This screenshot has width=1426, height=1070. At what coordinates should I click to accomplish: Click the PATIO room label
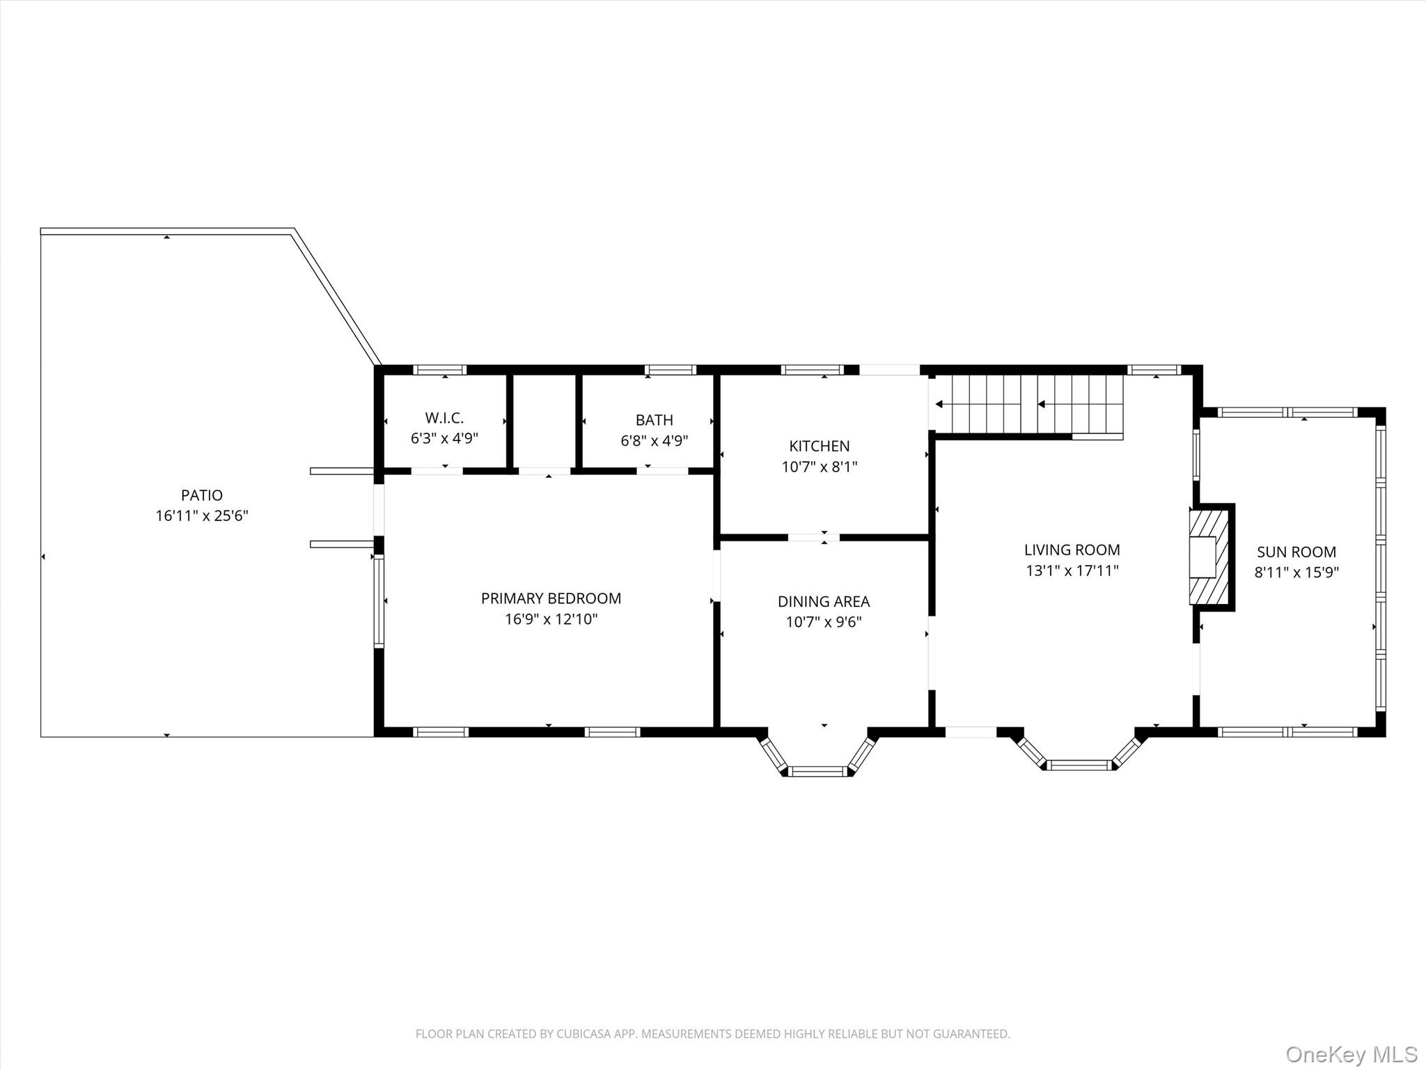tap(202, 495)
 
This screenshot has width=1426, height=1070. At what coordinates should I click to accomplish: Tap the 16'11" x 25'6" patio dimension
tap(202, 516)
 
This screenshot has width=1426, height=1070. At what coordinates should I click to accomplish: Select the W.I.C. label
tap(444, 418)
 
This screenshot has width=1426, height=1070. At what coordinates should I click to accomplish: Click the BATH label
tap(654, 420)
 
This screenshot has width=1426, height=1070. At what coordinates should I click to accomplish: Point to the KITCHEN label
tap(819, 446)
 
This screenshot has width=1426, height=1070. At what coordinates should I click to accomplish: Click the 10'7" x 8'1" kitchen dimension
tap(819, 467)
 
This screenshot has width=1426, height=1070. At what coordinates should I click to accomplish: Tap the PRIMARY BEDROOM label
tap(551, 598)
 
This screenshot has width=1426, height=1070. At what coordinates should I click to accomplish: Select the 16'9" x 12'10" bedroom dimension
tap(551, 619)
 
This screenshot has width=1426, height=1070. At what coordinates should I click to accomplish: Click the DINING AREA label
tap(824, 601)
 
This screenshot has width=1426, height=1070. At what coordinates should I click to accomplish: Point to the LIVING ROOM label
tap(1072, 550)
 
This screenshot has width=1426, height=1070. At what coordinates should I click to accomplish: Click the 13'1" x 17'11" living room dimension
tap(1072, 571)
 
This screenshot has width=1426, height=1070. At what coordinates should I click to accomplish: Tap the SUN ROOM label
tap(1296, 552)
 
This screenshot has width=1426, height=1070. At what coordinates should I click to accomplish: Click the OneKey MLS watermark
tap(1351, 1054)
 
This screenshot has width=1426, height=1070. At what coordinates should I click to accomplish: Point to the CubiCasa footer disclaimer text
tap(712, 1034)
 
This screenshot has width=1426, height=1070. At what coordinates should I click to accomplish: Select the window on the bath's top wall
tap(670, 370)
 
